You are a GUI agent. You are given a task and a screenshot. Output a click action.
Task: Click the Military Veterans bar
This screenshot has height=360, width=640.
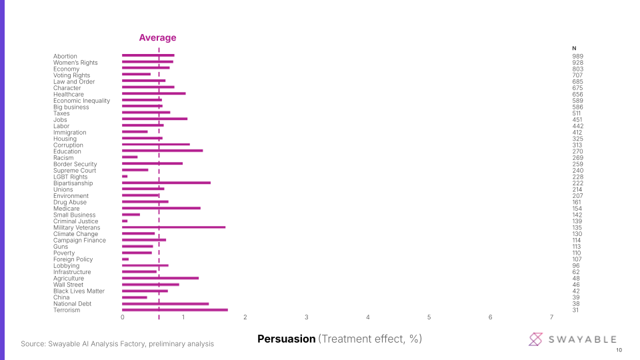[173, 227]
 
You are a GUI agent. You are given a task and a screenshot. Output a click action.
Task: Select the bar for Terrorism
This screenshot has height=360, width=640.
[175, 310]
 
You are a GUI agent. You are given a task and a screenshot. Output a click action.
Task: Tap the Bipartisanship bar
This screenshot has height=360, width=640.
[166, 183]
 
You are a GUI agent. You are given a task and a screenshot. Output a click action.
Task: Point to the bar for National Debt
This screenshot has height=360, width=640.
[165, 303]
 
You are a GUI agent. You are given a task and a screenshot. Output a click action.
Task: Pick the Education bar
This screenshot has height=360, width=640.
[162, 151]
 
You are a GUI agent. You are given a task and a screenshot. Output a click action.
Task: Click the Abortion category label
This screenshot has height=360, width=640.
[65, 56]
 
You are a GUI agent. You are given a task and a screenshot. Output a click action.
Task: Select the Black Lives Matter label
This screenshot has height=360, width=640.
[79, 291]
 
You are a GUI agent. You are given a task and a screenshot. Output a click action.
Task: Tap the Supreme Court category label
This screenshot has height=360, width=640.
[75, 171]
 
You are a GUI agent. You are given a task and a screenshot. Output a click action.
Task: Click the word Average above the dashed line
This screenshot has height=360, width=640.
[157, 38]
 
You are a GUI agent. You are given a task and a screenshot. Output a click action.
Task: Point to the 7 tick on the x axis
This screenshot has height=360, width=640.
[551, 317]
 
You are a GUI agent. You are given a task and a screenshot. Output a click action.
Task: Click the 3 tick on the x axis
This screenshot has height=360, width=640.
[306, 317]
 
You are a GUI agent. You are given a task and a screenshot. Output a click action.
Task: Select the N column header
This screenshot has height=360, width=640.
[574, 48]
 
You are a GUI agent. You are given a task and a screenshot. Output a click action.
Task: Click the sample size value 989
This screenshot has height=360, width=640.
[577, 56]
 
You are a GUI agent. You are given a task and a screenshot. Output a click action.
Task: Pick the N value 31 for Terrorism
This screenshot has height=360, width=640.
[576, 310]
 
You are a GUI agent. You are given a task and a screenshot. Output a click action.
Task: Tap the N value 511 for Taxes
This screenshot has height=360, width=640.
[577, 113]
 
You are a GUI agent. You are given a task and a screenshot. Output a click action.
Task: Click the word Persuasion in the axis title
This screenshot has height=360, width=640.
[286, 339]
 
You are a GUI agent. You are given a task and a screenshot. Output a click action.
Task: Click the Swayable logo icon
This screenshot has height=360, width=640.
[536, 339]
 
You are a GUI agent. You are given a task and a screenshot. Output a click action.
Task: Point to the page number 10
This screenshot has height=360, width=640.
[619, 351]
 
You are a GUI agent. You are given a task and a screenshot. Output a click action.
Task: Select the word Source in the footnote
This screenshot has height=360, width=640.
[32, 344]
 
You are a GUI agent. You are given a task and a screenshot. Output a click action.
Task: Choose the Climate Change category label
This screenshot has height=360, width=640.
[75, 234]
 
